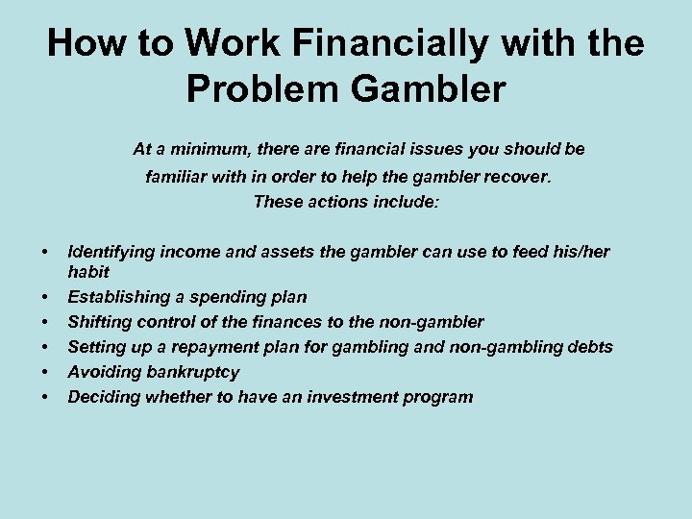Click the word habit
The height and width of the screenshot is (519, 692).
(88, 272)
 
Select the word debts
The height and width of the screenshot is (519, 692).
(589, 347)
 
